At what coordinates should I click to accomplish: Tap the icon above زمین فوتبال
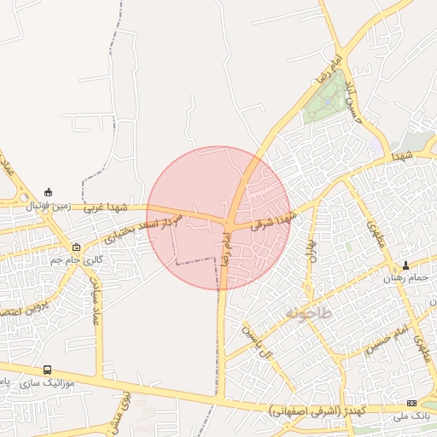(x=49, y=191)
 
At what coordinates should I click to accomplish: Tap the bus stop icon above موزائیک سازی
(x=47, y=370)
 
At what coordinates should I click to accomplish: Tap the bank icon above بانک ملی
(x=413, y=403)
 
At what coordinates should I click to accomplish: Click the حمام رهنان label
(x=405, y=278)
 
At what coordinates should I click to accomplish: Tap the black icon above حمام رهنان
(x=405, y=265)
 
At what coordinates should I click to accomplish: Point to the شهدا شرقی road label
(x=273, y=220)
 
